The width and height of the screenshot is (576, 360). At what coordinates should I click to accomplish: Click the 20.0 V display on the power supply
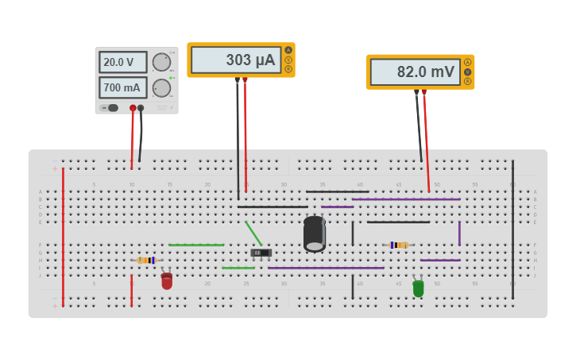[x=122, y=62]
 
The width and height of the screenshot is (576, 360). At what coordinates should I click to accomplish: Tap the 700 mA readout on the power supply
[x=122, y=87]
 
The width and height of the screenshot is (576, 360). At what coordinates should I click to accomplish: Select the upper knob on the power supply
[x=161, y=62]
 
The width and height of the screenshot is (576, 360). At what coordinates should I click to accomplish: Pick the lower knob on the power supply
[x=161, y=87]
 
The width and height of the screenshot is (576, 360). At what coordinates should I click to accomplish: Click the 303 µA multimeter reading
[x=236, y=60]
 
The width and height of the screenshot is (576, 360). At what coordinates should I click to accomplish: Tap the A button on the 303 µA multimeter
[x=288, y=50]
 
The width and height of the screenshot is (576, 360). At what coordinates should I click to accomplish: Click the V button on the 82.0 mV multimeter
[x=468, y=72]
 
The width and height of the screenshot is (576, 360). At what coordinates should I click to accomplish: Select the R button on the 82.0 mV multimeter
[x=468, y=81]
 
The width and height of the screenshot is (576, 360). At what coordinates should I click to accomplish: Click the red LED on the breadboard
[x=167, y=281]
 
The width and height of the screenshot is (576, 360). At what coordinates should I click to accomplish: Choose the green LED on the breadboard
[x=418, y=288]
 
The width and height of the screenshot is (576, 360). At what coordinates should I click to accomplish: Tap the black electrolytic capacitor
[x=315, y=234]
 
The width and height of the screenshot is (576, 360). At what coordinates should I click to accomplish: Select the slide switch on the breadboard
[x=261, y=253]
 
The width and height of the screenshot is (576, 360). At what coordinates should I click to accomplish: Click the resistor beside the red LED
[x=147, y=260]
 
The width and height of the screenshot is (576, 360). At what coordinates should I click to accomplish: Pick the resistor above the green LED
[x=399, y=245]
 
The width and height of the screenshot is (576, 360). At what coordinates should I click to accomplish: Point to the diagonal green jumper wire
[x=253, y=233]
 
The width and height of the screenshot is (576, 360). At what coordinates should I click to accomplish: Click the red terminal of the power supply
[x=133, y=108]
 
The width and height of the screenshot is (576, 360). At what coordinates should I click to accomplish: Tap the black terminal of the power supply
[x=141, y=108]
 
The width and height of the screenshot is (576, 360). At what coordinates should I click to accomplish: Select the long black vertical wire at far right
[x=512, y=230]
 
